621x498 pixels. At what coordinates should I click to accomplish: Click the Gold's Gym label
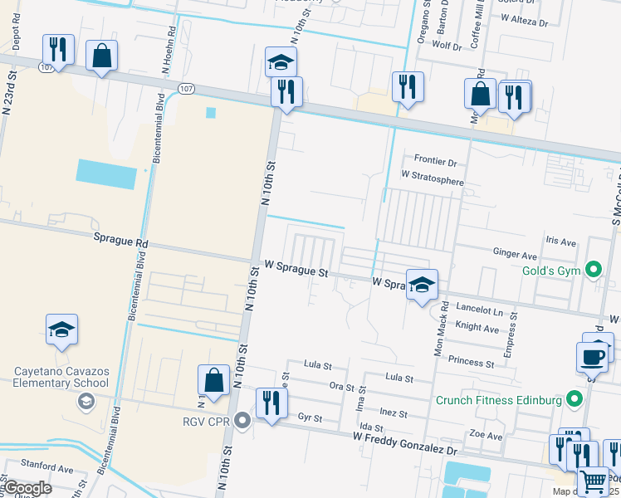[550, 271]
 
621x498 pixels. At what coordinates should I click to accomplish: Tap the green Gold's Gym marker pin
[593, 270]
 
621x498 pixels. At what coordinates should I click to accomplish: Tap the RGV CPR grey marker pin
[242, 420]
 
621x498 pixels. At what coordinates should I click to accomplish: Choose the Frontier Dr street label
[435, 160]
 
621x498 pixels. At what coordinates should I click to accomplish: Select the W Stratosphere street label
[431, 177]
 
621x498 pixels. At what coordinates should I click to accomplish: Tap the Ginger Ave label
[516, 251]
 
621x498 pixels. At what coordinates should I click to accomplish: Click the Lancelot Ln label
[481, 311]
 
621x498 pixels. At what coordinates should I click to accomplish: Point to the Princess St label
[471, 362]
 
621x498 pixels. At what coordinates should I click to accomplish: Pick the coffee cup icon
[592, 356]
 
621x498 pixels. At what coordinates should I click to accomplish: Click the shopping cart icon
[592, 481]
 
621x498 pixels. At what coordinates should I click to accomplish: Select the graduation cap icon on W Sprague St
[422, 285]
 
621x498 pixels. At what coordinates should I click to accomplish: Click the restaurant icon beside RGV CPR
[271, 403]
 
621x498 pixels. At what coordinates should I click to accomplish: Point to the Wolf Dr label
[441, 47]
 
